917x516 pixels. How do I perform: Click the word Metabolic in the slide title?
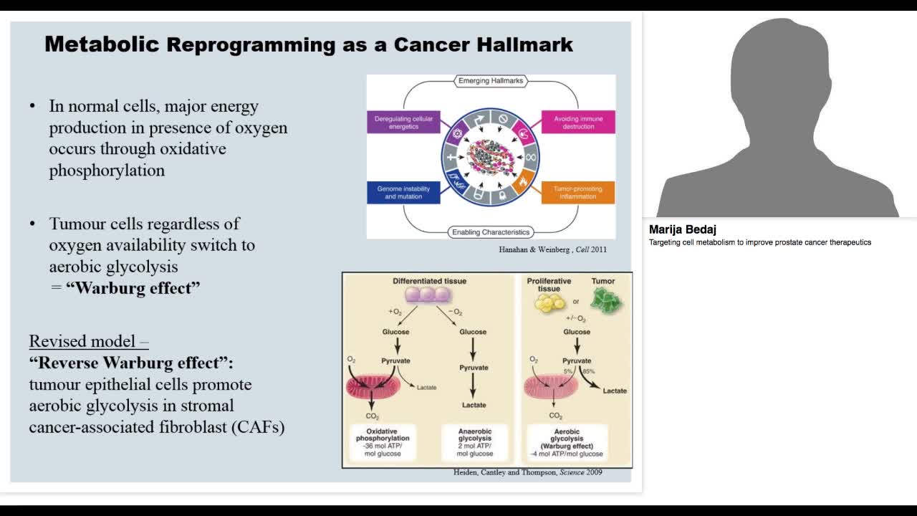coord(101,44)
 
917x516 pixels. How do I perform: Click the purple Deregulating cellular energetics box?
coord(403,123)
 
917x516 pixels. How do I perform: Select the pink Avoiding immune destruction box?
coord(578,123)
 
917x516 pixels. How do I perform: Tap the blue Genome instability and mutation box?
coord(403,192)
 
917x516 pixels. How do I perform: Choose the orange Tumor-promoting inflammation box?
coord(578,192)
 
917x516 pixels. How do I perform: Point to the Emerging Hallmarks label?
coord(491,81)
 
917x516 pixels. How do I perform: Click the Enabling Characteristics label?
coord(491,232)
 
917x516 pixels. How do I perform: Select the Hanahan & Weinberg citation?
coord(552,250)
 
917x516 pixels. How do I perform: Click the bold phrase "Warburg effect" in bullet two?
coord(133,288)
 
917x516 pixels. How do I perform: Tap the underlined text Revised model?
coord(88,341)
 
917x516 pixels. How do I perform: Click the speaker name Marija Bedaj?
coord(677,230)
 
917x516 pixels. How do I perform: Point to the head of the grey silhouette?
coord(778,64)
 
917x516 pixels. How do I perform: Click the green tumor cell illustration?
coord(606,300)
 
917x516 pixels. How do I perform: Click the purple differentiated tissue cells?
coord(428,295)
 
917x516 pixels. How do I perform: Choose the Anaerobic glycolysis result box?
coord(474,441)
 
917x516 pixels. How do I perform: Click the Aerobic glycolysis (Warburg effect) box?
coord(567,441)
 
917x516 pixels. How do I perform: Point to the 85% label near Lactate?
coord(588,372)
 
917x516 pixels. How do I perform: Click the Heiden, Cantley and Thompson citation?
coord(527,472)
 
